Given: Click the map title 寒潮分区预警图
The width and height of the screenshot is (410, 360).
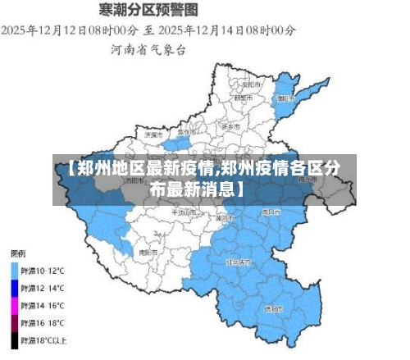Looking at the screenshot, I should tap(148, 10).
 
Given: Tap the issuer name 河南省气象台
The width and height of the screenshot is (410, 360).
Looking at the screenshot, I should tap(148, 49).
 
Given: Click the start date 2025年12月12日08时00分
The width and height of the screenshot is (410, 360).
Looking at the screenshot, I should tap(70, 30).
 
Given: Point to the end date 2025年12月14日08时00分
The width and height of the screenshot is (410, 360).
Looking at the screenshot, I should tap(227, 30).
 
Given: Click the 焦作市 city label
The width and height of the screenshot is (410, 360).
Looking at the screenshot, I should tap(187, 132).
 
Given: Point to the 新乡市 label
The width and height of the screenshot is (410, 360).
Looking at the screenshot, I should tap(232, 126).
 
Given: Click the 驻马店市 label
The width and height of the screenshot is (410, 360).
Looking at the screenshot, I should tap(239, 262).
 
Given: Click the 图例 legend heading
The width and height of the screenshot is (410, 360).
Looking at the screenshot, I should tap(18, 252).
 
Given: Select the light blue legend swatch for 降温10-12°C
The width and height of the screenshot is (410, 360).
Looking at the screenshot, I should tap(14, 268).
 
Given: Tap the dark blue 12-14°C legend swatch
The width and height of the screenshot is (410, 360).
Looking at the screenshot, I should tap(14, 288).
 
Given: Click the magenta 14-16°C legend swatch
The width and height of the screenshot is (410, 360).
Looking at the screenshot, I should tap(14, 305).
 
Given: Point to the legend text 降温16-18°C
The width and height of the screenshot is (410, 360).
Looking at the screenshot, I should tap(43, 322).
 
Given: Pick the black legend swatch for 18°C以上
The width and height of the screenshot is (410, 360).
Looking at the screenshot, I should tap(14, 339).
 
